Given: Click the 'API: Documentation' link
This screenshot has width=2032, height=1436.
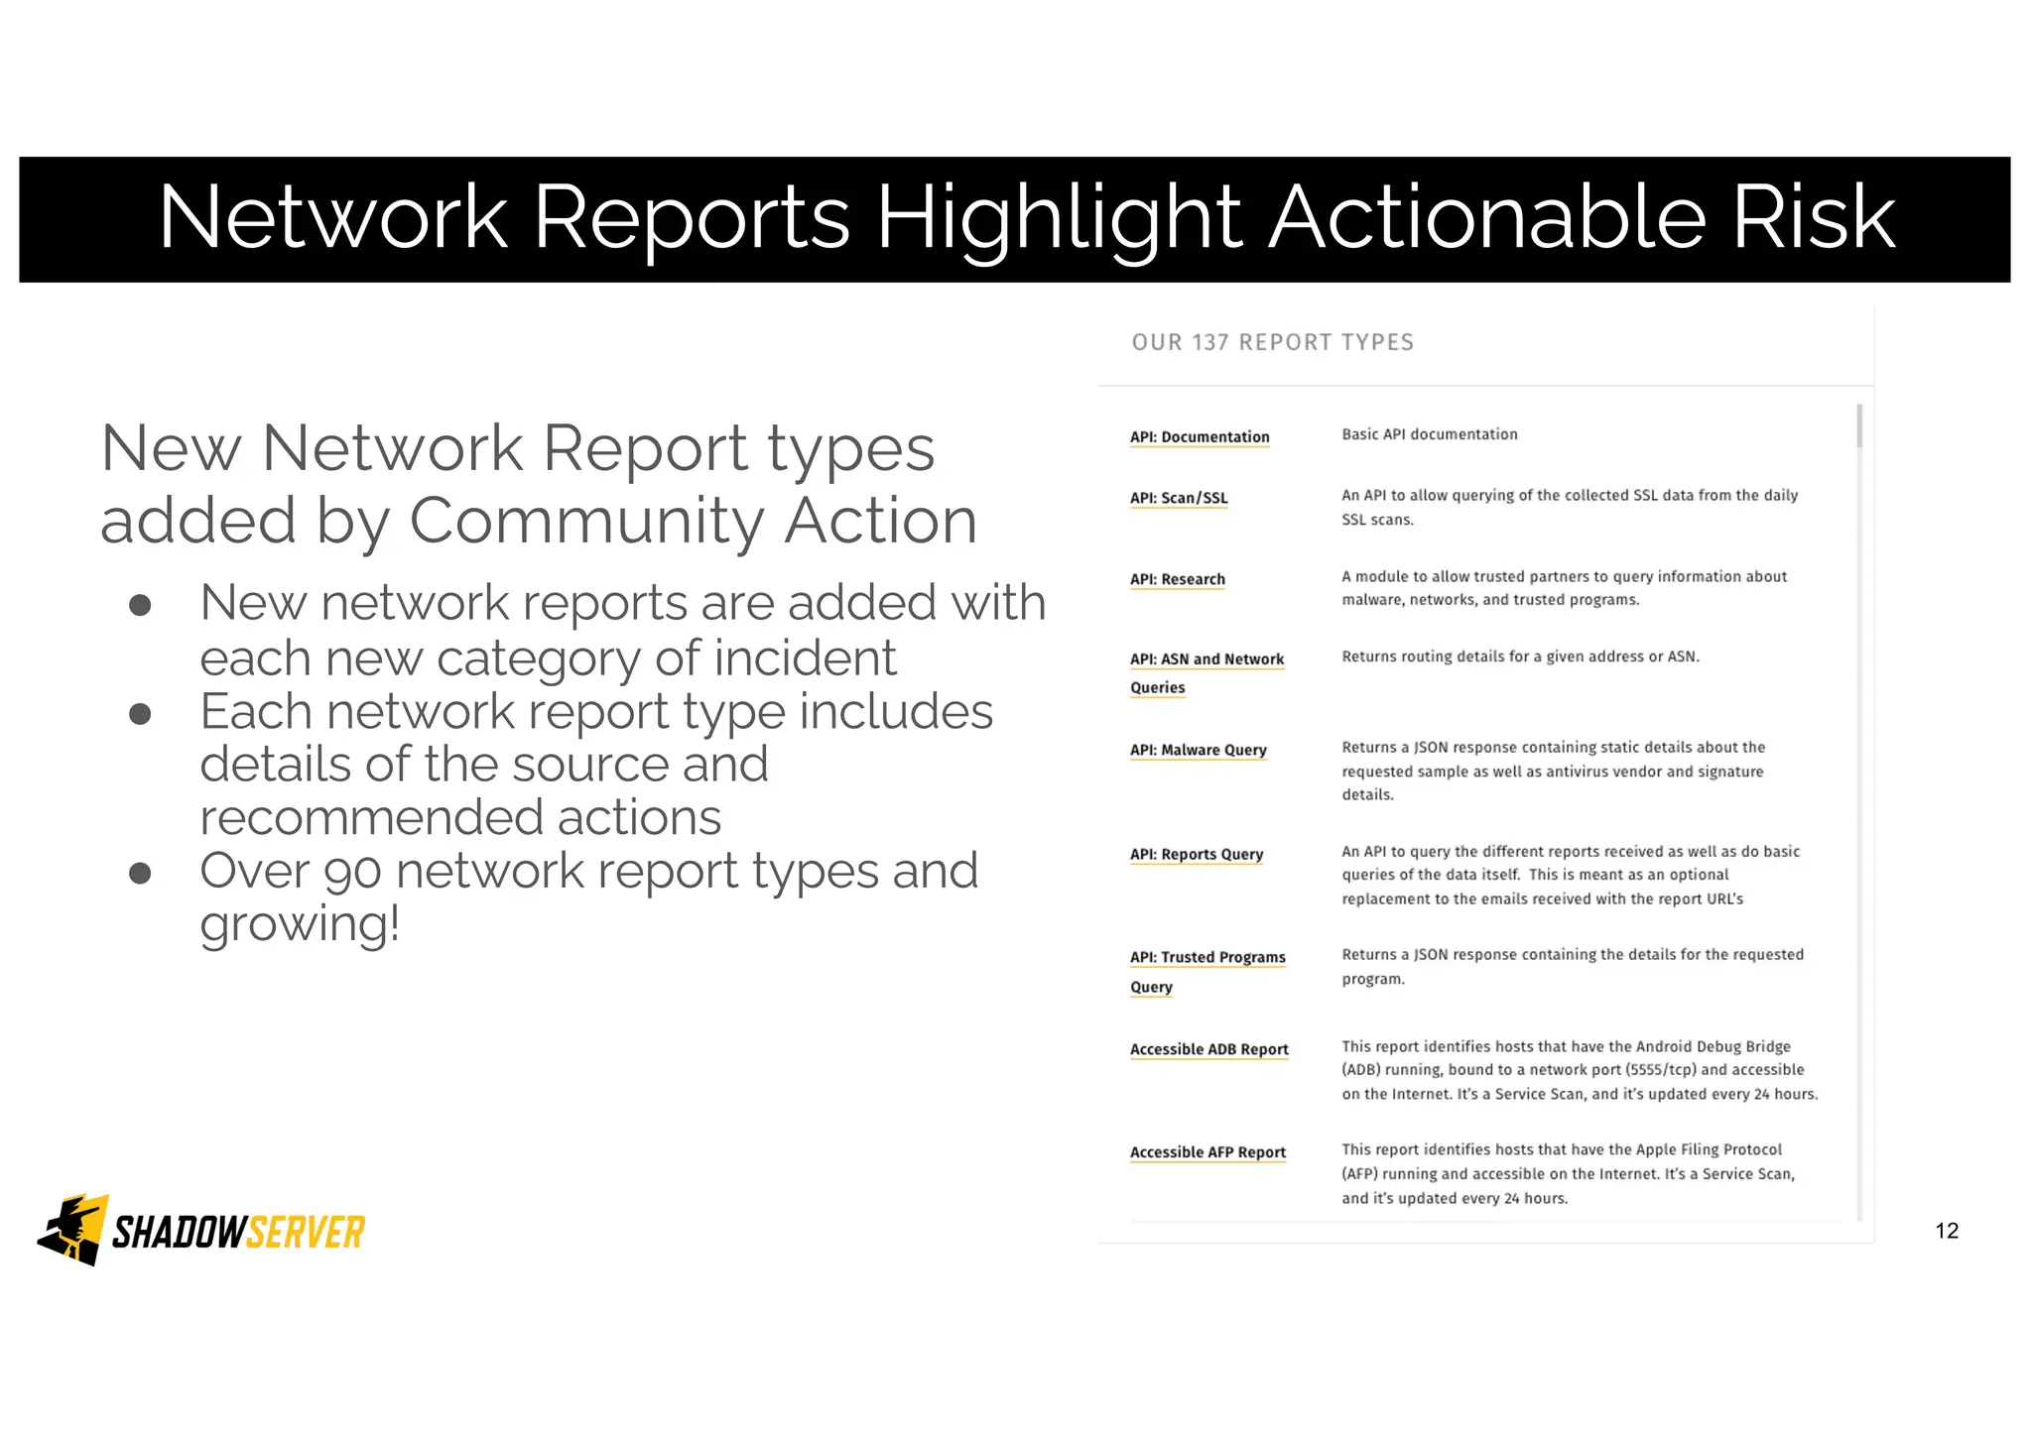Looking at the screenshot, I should coord(1199,437).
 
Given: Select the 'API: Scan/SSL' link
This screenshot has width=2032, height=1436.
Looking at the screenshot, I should coord(1179,498).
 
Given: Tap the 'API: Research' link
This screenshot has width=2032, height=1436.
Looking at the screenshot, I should coord(1177,579).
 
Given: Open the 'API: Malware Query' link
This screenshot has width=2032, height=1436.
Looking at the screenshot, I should coord(1198,750).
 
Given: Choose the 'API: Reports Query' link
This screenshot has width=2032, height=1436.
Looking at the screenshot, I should coord(1196,854).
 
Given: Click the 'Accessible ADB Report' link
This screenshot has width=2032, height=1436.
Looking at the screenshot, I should coord(1208,1049).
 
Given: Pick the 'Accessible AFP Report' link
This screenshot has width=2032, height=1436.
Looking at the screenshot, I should coord(1207,1152).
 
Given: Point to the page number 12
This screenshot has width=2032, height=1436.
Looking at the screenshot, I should coord(1947,1231).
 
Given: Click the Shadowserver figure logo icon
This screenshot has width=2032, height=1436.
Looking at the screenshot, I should coord(72,1230).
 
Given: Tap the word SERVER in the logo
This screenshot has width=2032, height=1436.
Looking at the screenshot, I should coord(306,1233).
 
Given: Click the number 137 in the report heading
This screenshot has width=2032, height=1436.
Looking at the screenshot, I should coord(1209,342).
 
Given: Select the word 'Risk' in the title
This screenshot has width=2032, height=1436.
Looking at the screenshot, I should coord(1813,217).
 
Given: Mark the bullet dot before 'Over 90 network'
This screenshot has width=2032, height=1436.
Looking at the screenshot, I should coord(140,873).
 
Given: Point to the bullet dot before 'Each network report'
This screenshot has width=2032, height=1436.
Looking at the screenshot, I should coord(140,714).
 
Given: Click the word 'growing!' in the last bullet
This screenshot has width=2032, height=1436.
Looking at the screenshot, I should coord(300,924).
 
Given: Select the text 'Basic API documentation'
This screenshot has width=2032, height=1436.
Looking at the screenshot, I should coord(1429,434).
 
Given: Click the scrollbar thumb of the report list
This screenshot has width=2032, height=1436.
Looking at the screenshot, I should coord(1858,426).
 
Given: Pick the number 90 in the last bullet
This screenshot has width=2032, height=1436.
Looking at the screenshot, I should coord(352,872).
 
